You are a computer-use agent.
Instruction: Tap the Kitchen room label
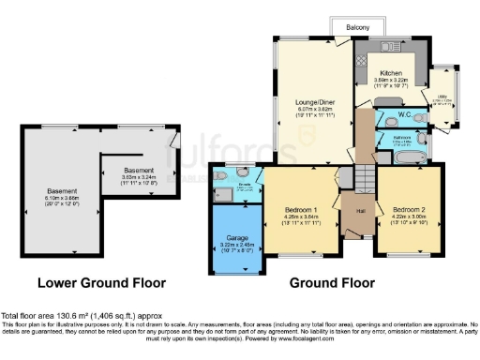tap(391, 72)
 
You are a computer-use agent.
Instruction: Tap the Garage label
tap(238, 238)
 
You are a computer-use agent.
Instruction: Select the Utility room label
tap(441, 96)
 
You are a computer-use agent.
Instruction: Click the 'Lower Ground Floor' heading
tap(101, 281)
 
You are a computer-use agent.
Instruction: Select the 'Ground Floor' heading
tap(326, 281)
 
